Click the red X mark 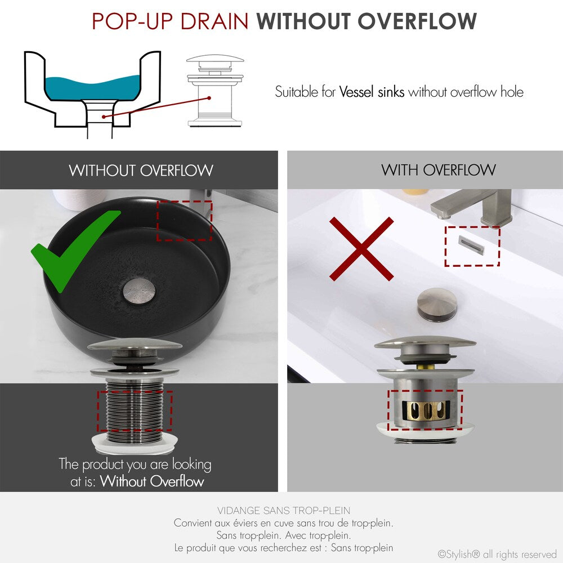click(x=361, y=249)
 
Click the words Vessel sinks click(x=372, y=91)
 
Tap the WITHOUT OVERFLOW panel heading click(x=141, y=170)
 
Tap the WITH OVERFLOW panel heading click(x=438, y=170)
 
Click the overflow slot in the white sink click(x=471, y=242)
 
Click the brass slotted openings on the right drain click(x=425, y=409)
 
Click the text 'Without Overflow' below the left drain click(x=152, y=481)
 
